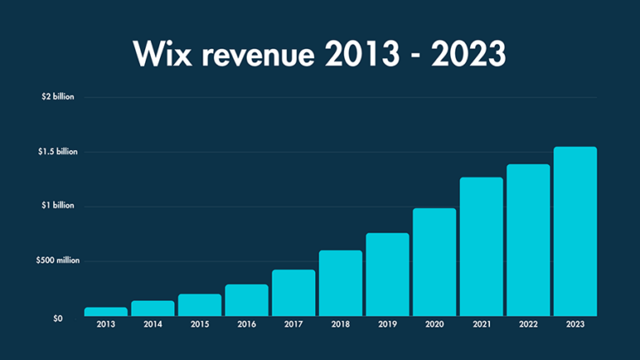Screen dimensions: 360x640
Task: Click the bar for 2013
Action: pos(106,312)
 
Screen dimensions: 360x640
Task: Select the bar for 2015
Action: pos(199,305)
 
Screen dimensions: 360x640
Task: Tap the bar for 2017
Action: pos(293,292)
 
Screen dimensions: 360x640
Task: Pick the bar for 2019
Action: pos(387,274)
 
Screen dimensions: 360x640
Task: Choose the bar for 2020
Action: pos(434,262)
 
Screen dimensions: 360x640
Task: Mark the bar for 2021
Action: pos(481,247)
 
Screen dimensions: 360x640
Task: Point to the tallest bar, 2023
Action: pos(575,232)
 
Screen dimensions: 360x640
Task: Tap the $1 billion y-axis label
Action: pos(58,206)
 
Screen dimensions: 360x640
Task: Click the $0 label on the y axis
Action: pos(57,318)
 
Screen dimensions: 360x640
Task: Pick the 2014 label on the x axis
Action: pos(152,325)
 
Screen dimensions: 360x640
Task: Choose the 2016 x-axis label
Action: pos(247,325)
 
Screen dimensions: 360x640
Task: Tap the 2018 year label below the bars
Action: pos(340,325)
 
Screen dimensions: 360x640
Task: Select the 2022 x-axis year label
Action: pos(528,325)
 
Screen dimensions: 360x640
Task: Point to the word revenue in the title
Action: pos(266,54)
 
